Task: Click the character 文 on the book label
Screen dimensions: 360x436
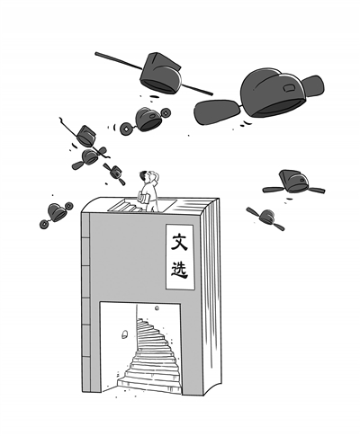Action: (x=179, y=241)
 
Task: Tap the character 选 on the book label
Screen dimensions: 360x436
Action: (x=179, y=269)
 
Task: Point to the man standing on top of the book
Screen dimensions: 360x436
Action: (x=149, y=191)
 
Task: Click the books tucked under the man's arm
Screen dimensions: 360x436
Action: (x=143, y=198)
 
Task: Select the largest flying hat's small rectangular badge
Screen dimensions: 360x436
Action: (x=289, y=88)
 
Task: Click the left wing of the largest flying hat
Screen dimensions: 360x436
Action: (x=217, y=111)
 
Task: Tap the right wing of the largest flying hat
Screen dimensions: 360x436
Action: (x=314, y=85)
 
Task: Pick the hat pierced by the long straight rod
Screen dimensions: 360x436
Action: (x=161, y=73)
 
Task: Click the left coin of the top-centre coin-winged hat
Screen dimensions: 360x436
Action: (x=126, y=129)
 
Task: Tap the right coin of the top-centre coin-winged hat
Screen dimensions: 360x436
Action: (x=166, y=112)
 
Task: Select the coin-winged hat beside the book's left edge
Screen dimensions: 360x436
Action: (x=57, y=215)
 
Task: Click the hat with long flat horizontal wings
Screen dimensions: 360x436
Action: (x=293, y=182)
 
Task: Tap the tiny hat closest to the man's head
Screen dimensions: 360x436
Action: (x=114, y=174)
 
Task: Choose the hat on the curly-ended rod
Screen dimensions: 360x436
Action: (x=86, y=136)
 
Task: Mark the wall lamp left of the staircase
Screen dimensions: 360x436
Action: (x=125, y=334)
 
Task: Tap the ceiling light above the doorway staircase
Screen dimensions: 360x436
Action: (x=157, y=308)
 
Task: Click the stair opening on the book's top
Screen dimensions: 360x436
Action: (x=141, y=206)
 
